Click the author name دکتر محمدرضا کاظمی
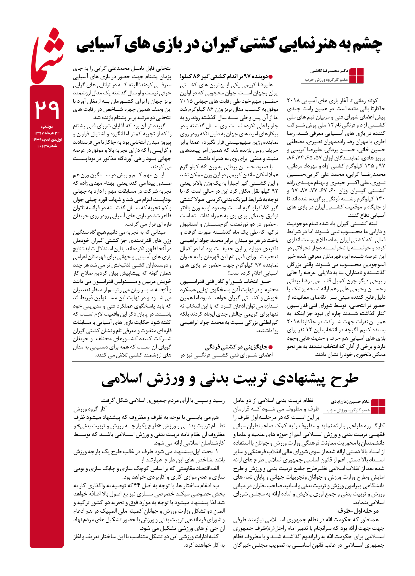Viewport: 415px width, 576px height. point(329,71)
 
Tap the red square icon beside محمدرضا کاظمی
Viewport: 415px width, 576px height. point(356,76)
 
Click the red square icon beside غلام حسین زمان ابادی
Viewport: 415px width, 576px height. point(378,406)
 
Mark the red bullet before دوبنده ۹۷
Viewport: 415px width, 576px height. point(271,77)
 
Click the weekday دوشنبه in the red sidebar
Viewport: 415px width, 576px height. point(47,126)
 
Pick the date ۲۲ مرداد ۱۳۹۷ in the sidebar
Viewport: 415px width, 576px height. point(47,133)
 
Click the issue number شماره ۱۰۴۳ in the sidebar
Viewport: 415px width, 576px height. point(47,146)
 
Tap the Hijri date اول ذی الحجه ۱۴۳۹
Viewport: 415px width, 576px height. point(47,140)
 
